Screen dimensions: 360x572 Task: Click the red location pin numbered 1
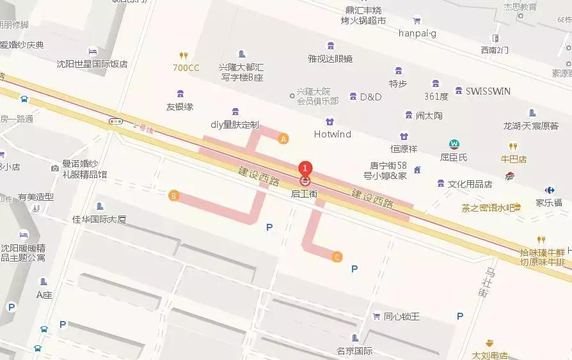tap(305, 168)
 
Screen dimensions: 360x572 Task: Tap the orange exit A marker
tap(284, 137)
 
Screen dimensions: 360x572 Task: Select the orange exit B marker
tap(173, 196)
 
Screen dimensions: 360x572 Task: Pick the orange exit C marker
tap(337, 257)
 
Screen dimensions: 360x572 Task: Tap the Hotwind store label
tap(333, 134)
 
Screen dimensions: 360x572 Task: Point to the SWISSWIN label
tap(488, 91)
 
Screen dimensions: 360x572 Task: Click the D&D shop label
tap(370, 97)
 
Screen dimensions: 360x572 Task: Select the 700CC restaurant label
tap(186, 68)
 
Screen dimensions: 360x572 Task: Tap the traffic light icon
tap(116, 121)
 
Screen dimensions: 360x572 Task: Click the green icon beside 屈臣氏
tap(454, 144)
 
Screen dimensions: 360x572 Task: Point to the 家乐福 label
tap(548, 203)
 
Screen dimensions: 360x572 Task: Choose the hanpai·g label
tap(417, 33)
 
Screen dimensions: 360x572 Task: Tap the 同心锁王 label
tap(401, 317)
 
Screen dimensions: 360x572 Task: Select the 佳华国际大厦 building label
tap(99, 219)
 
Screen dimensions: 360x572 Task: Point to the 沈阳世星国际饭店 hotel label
tap(92, 64)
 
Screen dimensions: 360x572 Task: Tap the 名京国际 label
tap(354, 351)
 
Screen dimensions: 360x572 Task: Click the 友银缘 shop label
tap(180, 107)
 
